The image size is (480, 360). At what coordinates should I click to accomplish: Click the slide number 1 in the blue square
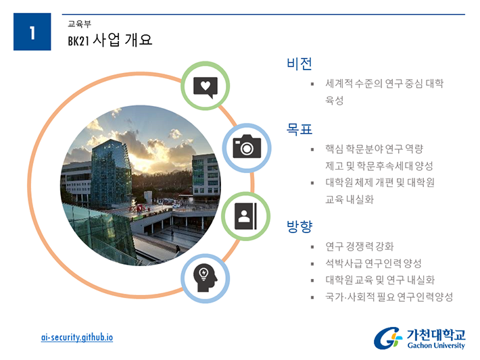click(x=32, y=32)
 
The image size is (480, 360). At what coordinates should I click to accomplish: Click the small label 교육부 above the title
click(x=79, y=24)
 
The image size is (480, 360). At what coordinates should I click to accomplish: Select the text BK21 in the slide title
click(x=78, y=41)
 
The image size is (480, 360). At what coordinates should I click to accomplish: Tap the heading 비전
click(x=299, y=63)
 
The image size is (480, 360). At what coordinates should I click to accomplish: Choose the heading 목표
click(x=299, y=129)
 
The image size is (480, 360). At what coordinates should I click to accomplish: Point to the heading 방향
click(x=299, y=227)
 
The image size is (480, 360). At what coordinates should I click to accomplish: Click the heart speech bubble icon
click(x=206, y=87)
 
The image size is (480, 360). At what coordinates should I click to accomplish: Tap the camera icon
click(x=247, y=147)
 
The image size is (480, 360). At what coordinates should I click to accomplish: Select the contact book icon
click(x=245, y=216)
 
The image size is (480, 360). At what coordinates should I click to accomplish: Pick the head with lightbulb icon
click(x=205, y=278)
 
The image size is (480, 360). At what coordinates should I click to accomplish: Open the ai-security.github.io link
click(x=77, y=337)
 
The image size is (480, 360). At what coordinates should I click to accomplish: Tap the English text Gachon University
click(x=436, y=345)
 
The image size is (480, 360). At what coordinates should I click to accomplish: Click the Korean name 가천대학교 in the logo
click(x=436, y=334)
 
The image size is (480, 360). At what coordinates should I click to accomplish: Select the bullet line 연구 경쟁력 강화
click(x=360, y=247)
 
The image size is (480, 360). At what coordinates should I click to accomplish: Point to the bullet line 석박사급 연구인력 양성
click(x=373, y=263)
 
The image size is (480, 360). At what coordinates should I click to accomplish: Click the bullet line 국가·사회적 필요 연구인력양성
click(x=389, y=297)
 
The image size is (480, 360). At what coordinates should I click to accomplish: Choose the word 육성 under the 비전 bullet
click(x=334, y=100)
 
